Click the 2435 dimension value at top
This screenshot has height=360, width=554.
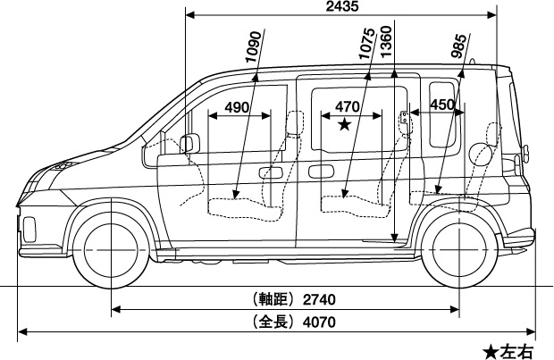point(342,7)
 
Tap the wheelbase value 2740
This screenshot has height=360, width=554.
point(320,298)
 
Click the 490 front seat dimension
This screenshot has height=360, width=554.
point(237,108)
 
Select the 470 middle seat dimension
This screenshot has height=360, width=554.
point(347,107)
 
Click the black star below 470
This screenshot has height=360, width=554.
point(344,126)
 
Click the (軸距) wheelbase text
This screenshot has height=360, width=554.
point(272,298)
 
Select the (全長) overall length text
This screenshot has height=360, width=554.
point(272,322)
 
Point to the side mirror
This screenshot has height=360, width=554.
point(189,143)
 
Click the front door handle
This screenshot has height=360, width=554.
point(269,171)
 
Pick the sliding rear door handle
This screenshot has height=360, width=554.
point(320,171)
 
